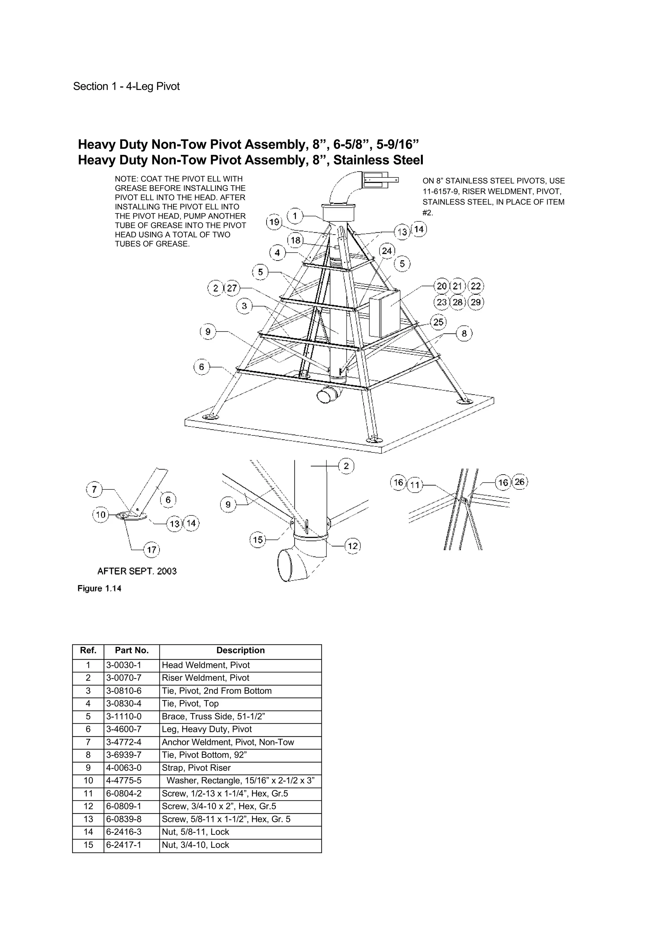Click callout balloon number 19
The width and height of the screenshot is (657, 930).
click(274, 222)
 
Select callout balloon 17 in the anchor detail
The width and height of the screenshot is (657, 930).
click(151, 550)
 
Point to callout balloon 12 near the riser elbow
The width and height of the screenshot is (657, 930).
click(353, 546)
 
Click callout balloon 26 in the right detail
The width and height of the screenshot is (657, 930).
click(520, 482)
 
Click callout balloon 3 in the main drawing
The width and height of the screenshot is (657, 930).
click(244, 306)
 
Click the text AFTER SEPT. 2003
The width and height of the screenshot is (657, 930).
click(137, 571)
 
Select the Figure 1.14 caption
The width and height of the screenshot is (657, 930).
click(99, 589)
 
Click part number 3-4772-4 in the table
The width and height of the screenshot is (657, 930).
click(124, 742)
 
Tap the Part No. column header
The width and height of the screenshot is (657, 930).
click(132, 650)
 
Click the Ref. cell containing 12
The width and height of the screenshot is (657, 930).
click(88, 806)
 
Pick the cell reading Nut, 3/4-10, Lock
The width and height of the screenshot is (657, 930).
click(195, 845)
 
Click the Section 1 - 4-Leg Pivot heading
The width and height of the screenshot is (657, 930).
click(126, 86)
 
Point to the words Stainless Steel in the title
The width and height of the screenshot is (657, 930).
click(378, 160)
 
